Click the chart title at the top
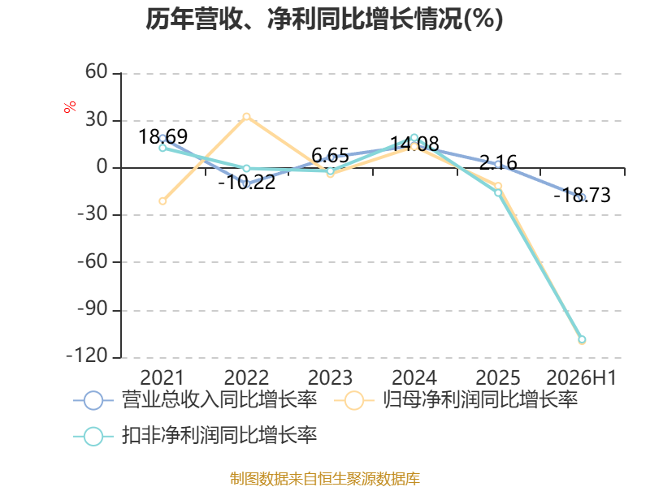click(324, 19)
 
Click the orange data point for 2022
click(247, 117)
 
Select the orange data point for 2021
click(162, 201)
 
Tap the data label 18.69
click(163, 136)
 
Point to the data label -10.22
click(247, 182)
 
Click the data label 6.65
click(331, 156)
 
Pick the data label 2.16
click(498, 163)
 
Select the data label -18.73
click(582, 196)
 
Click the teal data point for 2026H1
click(582, 339)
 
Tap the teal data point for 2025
click(498, 192)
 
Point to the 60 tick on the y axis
click(97, 72)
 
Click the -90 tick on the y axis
click(93, 309)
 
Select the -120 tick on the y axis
click(87, 356)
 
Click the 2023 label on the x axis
click(331, 377)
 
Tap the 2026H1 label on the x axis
click(582, 377)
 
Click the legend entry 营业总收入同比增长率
click(195, 400)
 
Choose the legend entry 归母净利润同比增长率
click(456, 400)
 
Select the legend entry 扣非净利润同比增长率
click(195, 436)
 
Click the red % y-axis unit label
click(70, 106)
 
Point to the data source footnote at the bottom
click(325, 479)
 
